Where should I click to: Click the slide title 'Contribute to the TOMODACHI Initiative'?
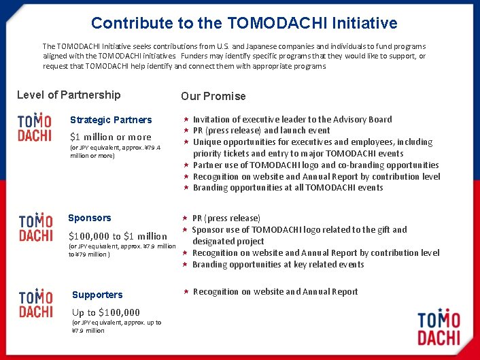coord(244,23)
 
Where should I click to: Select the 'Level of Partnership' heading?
coord(69,95)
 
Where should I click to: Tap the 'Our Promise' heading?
coord(213,96)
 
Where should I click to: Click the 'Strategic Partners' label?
coord(111,120)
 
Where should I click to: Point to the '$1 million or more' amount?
coord(111,137)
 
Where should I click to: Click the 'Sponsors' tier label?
coord(90,218)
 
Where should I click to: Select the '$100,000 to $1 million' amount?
coord(118,235)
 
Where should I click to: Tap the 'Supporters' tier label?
coord(97,295)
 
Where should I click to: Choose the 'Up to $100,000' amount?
coord(106,312)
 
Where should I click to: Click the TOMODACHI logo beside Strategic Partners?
coord(35,127)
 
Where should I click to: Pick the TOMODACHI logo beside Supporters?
coord(36,304)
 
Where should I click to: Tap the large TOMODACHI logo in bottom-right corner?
coord(439,328)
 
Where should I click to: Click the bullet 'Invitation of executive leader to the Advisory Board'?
coord(292,119)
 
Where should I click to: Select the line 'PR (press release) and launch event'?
coord(261,131)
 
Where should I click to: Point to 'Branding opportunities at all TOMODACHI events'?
coord(288,188)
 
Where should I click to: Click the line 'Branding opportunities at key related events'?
coord(278,265)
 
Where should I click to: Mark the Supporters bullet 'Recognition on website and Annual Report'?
coord(275,292)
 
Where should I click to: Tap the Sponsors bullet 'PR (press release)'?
coord(226,218)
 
